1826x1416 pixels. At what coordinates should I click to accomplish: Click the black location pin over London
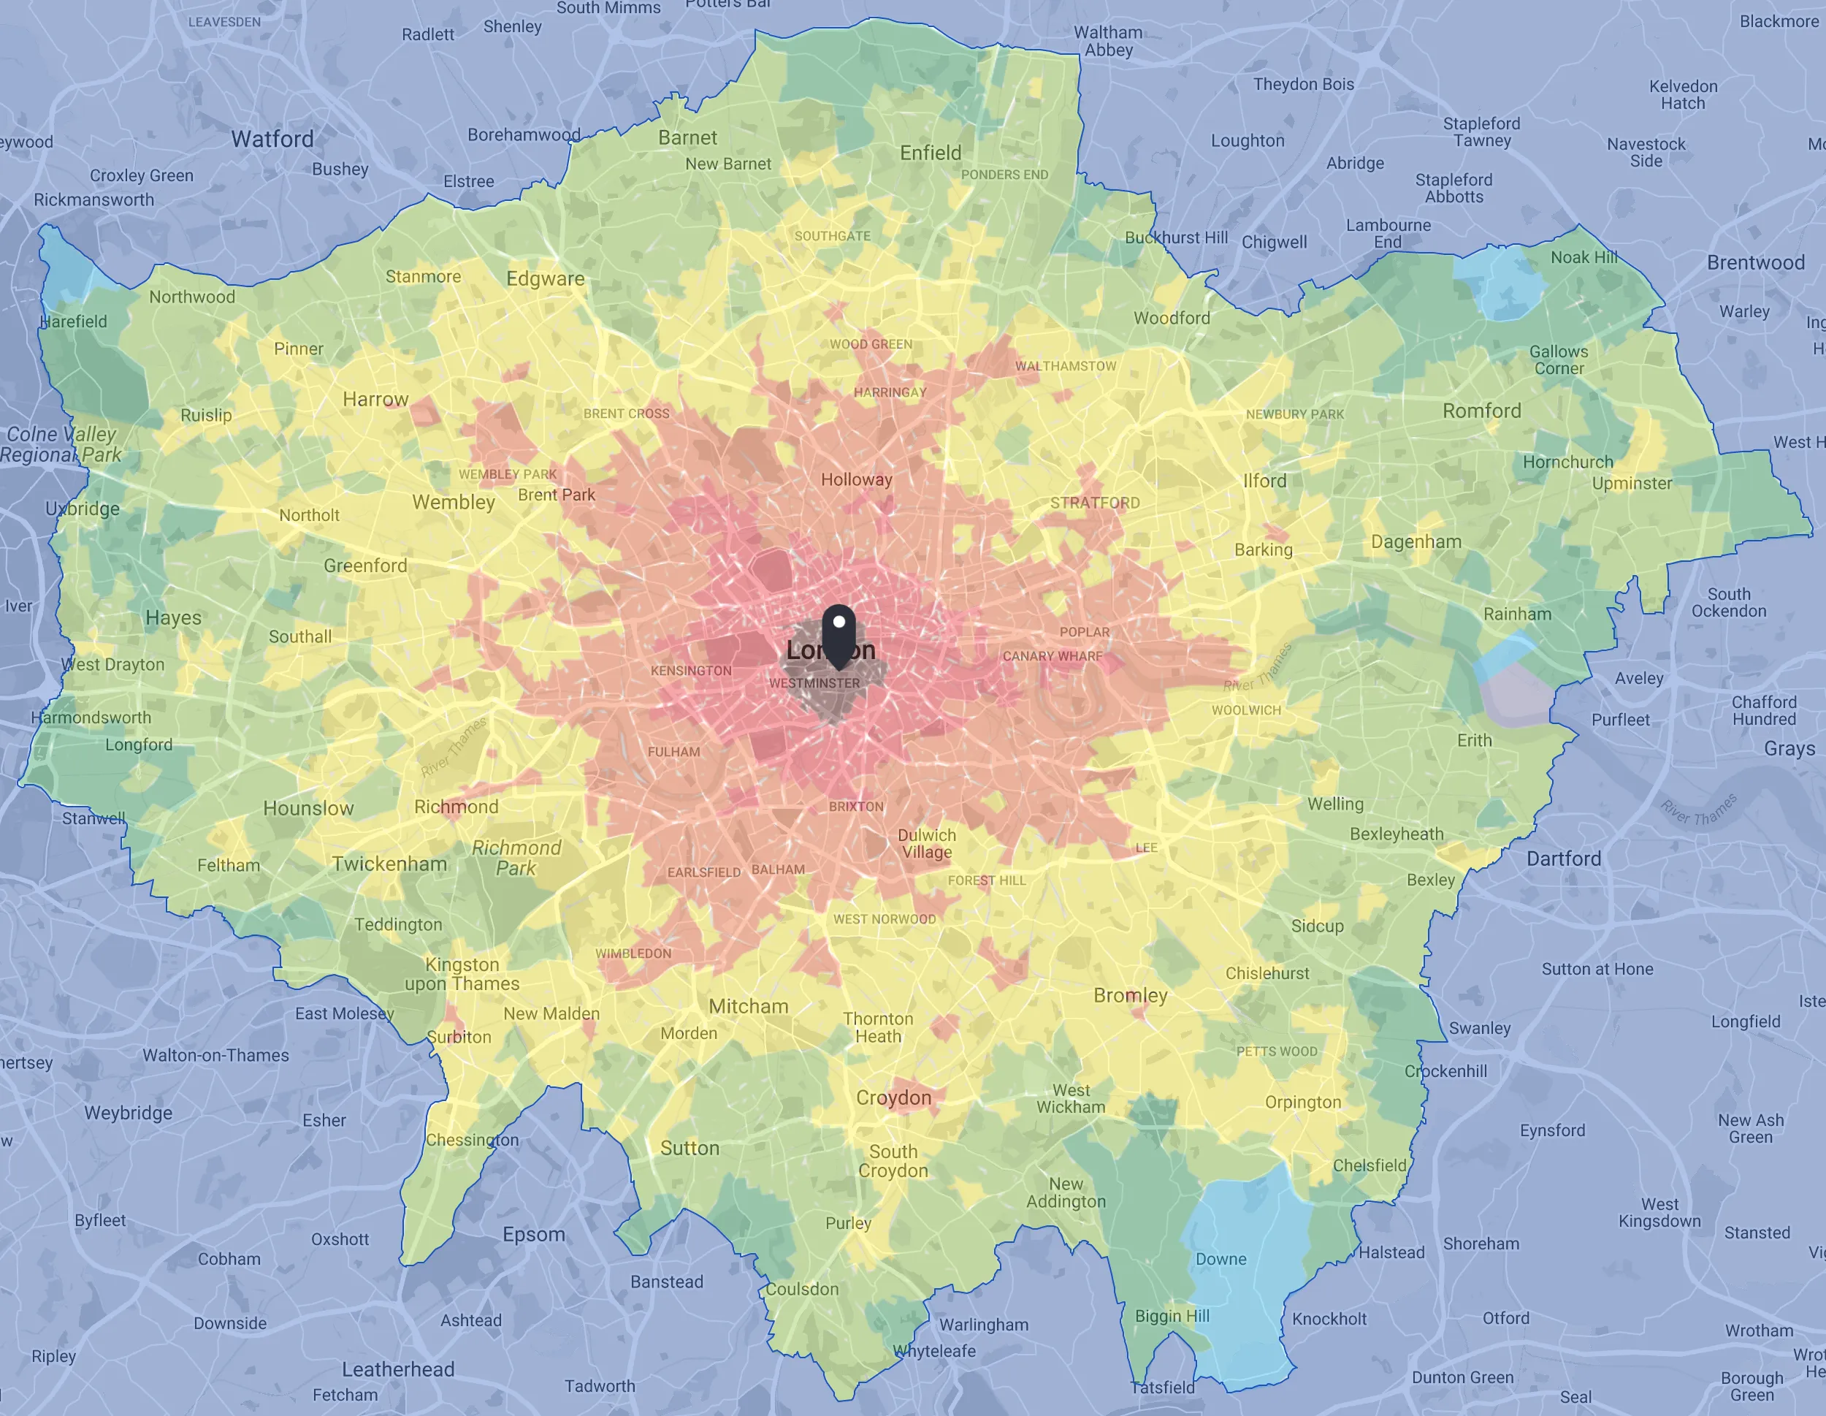click(838, 633)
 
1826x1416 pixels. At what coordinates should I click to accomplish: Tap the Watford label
click(272, 139)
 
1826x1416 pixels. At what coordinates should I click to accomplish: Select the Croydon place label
click(893, 1097)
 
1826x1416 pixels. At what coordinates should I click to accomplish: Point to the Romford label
click(1481, 411)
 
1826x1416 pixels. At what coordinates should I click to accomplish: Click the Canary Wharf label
click(1052, 655)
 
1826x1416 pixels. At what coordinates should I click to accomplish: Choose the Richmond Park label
click(516, 858)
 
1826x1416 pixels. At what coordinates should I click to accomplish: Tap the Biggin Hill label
click(1172, 1316)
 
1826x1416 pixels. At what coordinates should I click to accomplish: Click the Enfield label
click(930, 153)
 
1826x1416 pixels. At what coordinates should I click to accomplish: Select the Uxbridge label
click(83, 509)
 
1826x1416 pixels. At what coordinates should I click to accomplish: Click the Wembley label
click(453, 502)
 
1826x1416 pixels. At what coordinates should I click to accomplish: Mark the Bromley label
click(1129, 995)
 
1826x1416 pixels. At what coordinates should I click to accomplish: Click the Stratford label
click(1094, 503)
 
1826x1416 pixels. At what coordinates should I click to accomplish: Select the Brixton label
click(855, 807)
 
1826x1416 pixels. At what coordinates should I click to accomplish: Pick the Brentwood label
click(1755, 262)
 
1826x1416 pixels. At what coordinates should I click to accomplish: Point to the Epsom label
click(533, 1235)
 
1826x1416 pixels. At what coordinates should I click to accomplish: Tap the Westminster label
click(814, 683)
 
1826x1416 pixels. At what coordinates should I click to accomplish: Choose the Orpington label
click(1302, 1103)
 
